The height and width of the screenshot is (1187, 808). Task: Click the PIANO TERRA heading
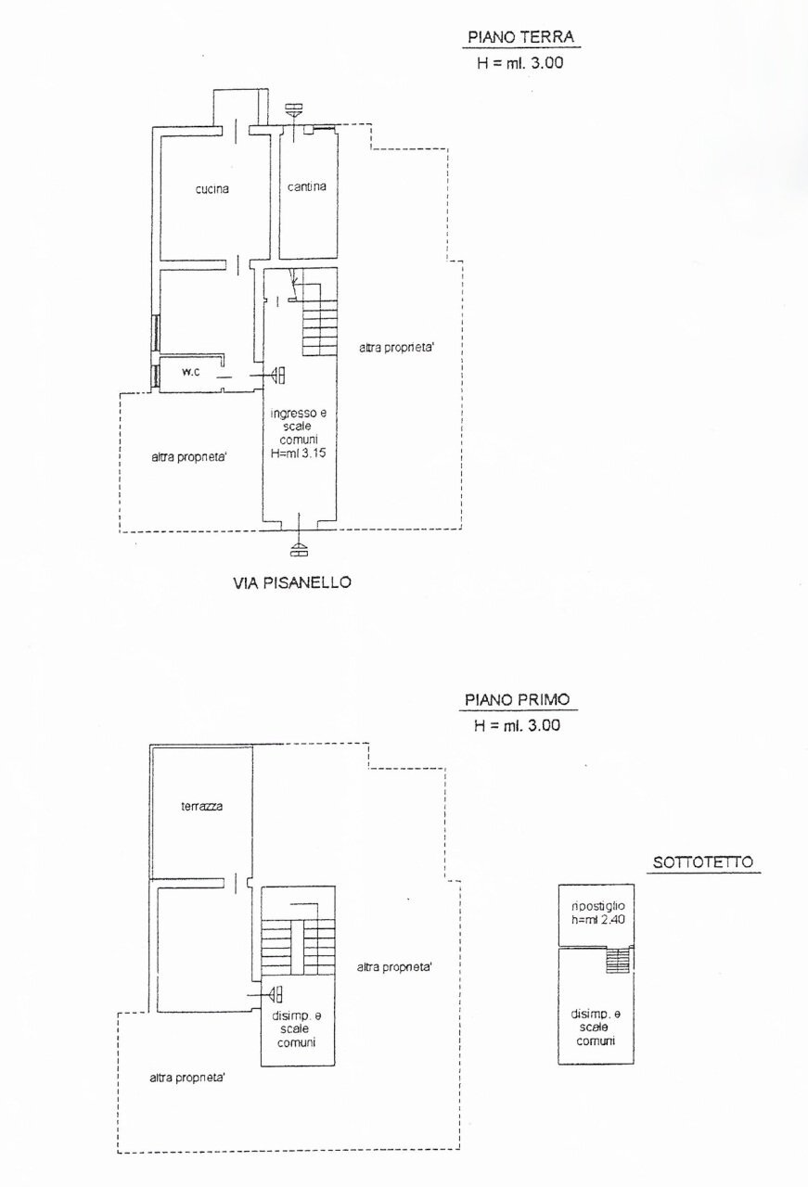pyautogui.click(x=520, y=37)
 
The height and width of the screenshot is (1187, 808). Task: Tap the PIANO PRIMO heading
pyautogui.click(x=518, y=700)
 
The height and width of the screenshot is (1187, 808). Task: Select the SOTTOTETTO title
pyautogui.click(x=703, y=862)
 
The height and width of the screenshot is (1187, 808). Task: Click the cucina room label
pyautogui.click(x=212, y=188)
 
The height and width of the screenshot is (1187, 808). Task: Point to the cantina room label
pyautogui.click(x=306, y=186)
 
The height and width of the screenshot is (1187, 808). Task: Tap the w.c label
pyautogui.click(x=191, y=372)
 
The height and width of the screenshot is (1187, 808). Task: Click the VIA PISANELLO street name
pyautogui.click(x=292, y=583)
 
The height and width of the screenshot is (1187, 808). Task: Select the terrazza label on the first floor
pyautogui.click(x=201, y=807)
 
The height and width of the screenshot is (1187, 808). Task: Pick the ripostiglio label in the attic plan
pyautogui.click(x=598, y=906)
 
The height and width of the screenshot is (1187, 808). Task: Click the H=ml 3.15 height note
pyautogui.click(x=299, y=453)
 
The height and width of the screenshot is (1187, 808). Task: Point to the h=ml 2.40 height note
pyautogui.click(x=598, y=919)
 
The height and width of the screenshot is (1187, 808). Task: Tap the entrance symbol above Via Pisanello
pyautogui.click(x=299, y=548)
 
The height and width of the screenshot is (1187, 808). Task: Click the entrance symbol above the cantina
pyautogui.click(x=293, y=110)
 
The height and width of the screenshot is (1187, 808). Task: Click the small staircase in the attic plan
pyautogui.click(x=618, y=961)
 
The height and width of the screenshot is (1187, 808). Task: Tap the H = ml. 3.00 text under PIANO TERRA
pyautogui.click(x=519, y=63)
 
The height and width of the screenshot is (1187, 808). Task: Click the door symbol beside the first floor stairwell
pyautogui.click(x=276, y=995)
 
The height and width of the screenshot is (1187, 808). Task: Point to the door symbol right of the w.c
pyautogui.click(x=277, y=376)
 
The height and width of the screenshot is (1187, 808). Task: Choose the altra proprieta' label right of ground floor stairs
pyautogui.click(x=396, y=348)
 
